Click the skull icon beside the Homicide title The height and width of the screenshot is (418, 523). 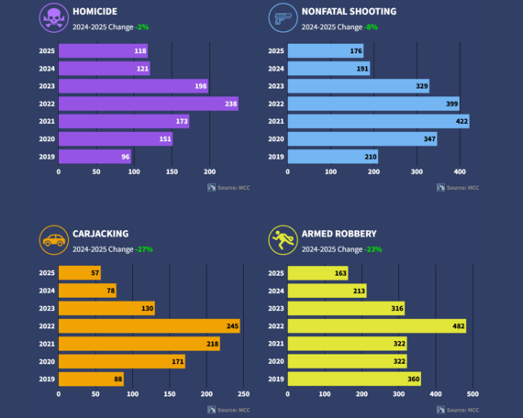[x=52, y=18]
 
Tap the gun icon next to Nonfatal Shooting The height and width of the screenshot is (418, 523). [x=281, y=18]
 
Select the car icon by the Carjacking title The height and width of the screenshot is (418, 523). [x=52, y=240]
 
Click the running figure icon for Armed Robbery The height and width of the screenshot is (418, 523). [x=281, y=240]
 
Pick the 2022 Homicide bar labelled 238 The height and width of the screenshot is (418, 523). [x=148, y=104]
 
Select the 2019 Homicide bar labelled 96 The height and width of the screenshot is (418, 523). [x=95, y=157]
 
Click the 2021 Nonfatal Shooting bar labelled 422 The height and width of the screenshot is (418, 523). [x=378, y=121]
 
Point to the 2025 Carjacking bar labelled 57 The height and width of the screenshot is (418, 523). [x=79, y=273]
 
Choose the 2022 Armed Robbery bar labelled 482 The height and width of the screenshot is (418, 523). [x=376, y=325]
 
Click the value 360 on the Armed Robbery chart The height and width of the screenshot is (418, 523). [x=410, y=379]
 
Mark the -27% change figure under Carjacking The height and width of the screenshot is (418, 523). [x=143, y=249]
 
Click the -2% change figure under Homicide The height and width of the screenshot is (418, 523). [x=141, y=27]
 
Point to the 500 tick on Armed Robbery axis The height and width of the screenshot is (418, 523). [x=473, y=394]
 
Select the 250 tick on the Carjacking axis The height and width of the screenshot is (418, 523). [x=243, y=394]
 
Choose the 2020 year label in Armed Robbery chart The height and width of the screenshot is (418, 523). [x=275, y=361]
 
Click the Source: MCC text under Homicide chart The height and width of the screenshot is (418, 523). [x=232, y=188]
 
